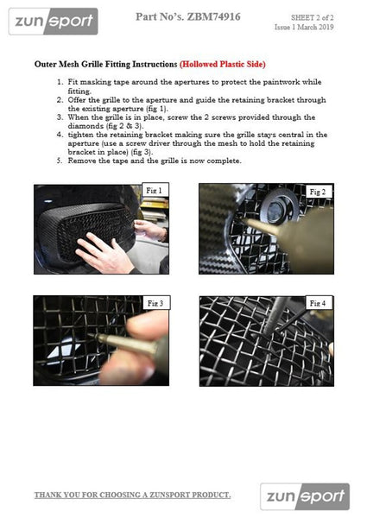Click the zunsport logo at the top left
[x=54, y=22]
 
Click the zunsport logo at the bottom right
[x=305, y=496]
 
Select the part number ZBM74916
[x=214, y=16]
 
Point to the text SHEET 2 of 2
[x=312, y=17]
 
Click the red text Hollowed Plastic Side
[x=223, y=64]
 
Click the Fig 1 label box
[x=155, y=190]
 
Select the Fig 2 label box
[x=318, y=192]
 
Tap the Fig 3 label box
[x=156, y=303]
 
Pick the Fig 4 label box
[x=319, y=303]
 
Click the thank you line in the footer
[x=132, y=495]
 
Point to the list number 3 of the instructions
[x=60, y=117]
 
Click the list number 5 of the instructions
[x=60, y=161]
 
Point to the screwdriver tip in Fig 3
[x=89, y=335]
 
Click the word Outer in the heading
[x=45, y=64]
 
